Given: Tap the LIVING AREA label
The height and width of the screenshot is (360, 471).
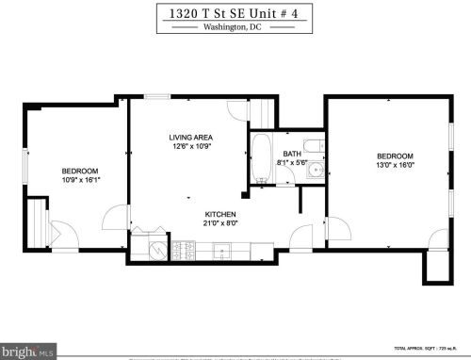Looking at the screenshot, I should click(x=187, y=136).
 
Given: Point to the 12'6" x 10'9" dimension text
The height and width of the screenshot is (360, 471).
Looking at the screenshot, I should click(x=187, y=146).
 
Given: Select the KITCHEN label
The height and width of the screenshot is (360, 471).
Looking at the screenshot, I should click(x=222, y=214).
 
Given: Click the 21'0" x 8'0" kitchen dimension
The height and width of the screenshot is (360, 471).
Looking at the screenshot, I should click(x=222, y=224).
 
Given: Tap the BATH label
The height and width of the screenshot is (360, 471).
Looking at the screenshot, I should click(x=293, y=154).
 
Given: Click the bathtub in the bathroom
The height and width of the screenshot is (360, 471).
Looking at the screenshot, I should click(x=262, y=161).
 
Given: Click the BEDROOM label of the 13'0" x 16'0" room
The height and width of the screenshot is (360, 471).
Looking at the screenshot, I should click(x=395, y=156).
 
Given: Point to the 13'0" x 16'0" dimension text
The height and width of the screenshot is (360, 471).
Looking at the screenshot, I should click(x=395, y=167).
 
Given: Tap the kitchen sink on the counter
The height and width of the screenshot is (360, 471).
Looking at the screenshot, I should click(x=222, y=252).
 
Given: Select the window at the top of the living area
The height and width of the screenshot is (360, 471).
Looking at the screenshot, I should click(x=157, y=96).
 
